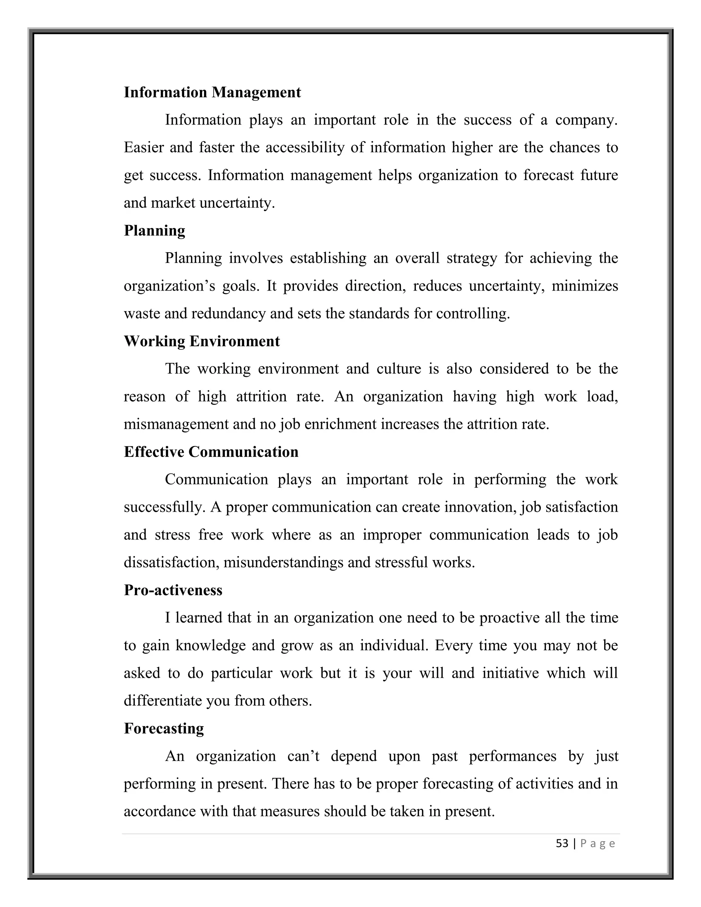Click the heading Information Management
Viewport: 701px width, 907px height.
point(212,92)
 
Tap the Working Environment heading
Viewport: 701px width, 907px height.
point(202,341)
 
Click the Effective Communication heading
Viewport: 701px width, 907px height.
point(211,452)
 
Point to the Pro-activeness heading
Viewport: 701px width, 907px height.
point(173,590)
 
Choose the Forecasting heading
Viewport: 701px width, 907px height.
point(164,728)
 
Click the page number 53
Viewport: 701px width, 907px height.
point(562,843)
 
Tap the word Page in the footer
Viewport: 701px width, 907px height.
point(598,843)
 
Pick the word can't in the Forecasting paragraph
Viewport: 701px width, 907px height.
point(303,756)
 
